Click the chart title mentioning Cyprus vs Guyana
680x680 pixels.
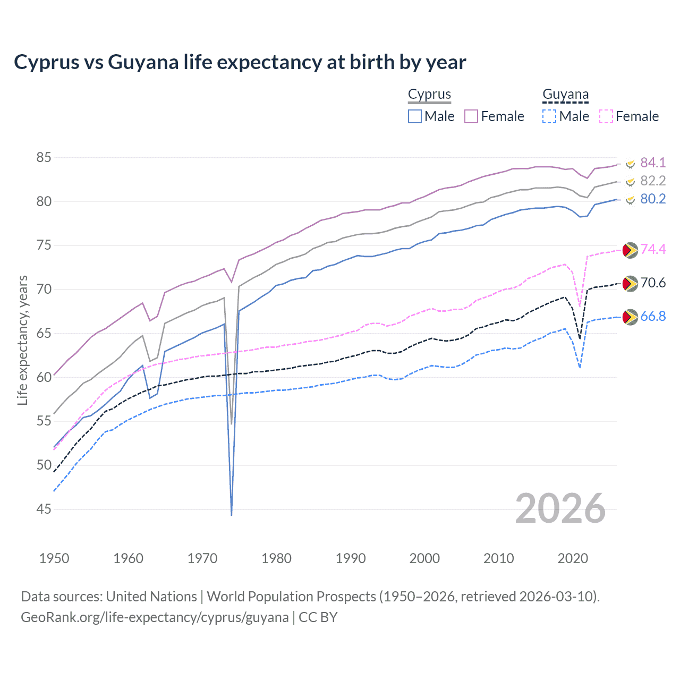pyautogui.click(x=240, y=62)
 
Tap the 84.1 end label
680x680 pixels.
pyautogui.click(x=652, y=163)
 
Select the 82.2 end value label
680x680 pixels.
pyautogui.click(x=652, y=181)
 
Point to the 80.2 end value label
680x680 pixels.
pyautogui.click(x=652, y=199)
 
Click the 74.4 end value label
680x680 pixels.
pyautogui.click(x=652, y=249)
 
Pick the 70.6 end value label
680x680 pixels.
pyautogui.click(x=652, y=283)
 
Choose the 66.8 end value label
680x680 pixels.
pyautogui.click(x=652, y=316)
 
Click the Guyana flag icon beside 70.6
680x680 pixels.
pyautogui.click(x=630, y=284)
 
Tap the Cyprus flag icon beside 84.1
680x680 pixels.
pyautogui.click(x=630, y=163)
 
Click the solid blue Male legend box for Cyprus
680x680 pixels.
pyautogui.click(x=415, y=116)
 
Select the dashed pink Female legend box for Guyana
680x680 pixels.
pyautogui.click(x=606, y=116)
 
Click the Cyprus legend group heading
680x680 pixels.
pyautogui.click(x=429, y=94)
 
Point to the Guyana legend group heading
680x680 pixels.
pyautogui.click(x=565, y=94)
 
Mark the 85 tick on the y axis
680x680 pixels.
pyautogui.click(x=44, y=157)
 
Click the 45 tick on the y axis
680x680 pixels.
pyautogui.click(x=44, y=509)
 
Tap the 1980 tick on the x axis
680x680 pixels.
pyautogui.click(x=276, y=558)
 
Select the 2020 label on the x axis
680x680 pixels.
pyautogui.click(x=573, y=558)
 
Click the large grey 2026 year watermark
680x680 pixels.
pyautogui.click(x=560, y=508)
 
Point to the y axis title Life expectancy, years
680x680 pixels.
pyautogui.click(x=22, y=340)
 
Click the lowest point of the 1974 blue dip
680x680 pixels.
pyautogui.click(x=232, y=515)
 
